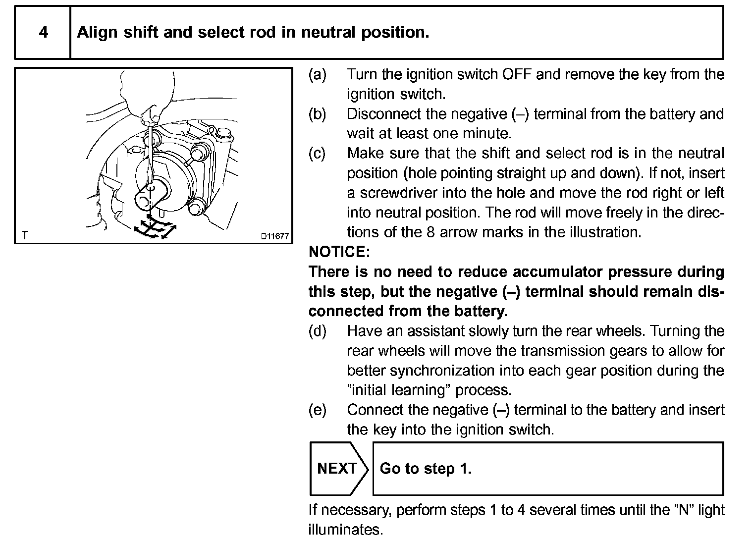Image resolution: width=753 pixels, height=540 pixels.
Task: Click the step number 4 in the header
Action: [x=44, y=32]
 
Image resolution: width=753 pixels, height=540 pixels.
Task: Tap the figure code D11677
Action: [x=274, y=236]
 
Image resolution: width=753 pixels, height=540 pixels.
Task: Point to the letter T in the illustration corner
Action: [x=25, y=235]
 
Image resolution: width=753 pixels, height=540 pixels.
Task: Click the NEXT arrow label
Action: [x=337, y=469]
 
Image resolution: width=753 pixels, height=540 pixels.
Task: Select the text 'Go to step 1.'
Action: [x=426, y=469]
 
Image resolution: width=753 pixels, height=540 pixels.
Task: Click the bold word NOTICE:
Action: [x=339, y=252]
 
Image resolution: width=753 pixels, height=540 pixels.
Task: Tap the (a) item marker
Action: [x=318, y=74]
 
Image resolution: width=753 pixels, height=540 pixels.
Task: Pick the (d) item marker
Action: [x=318, y=331]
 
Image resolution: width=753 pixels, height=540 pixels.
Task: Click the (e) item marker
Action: [x=318, y=410]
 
